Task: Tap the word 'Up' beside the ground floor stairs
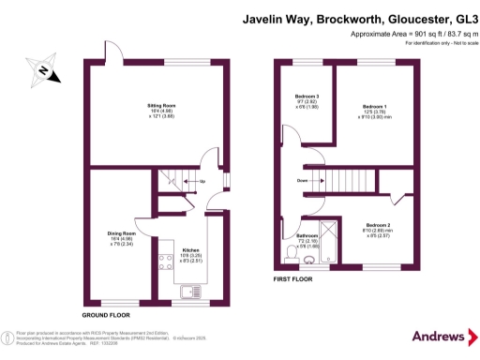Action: [202, 181]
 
